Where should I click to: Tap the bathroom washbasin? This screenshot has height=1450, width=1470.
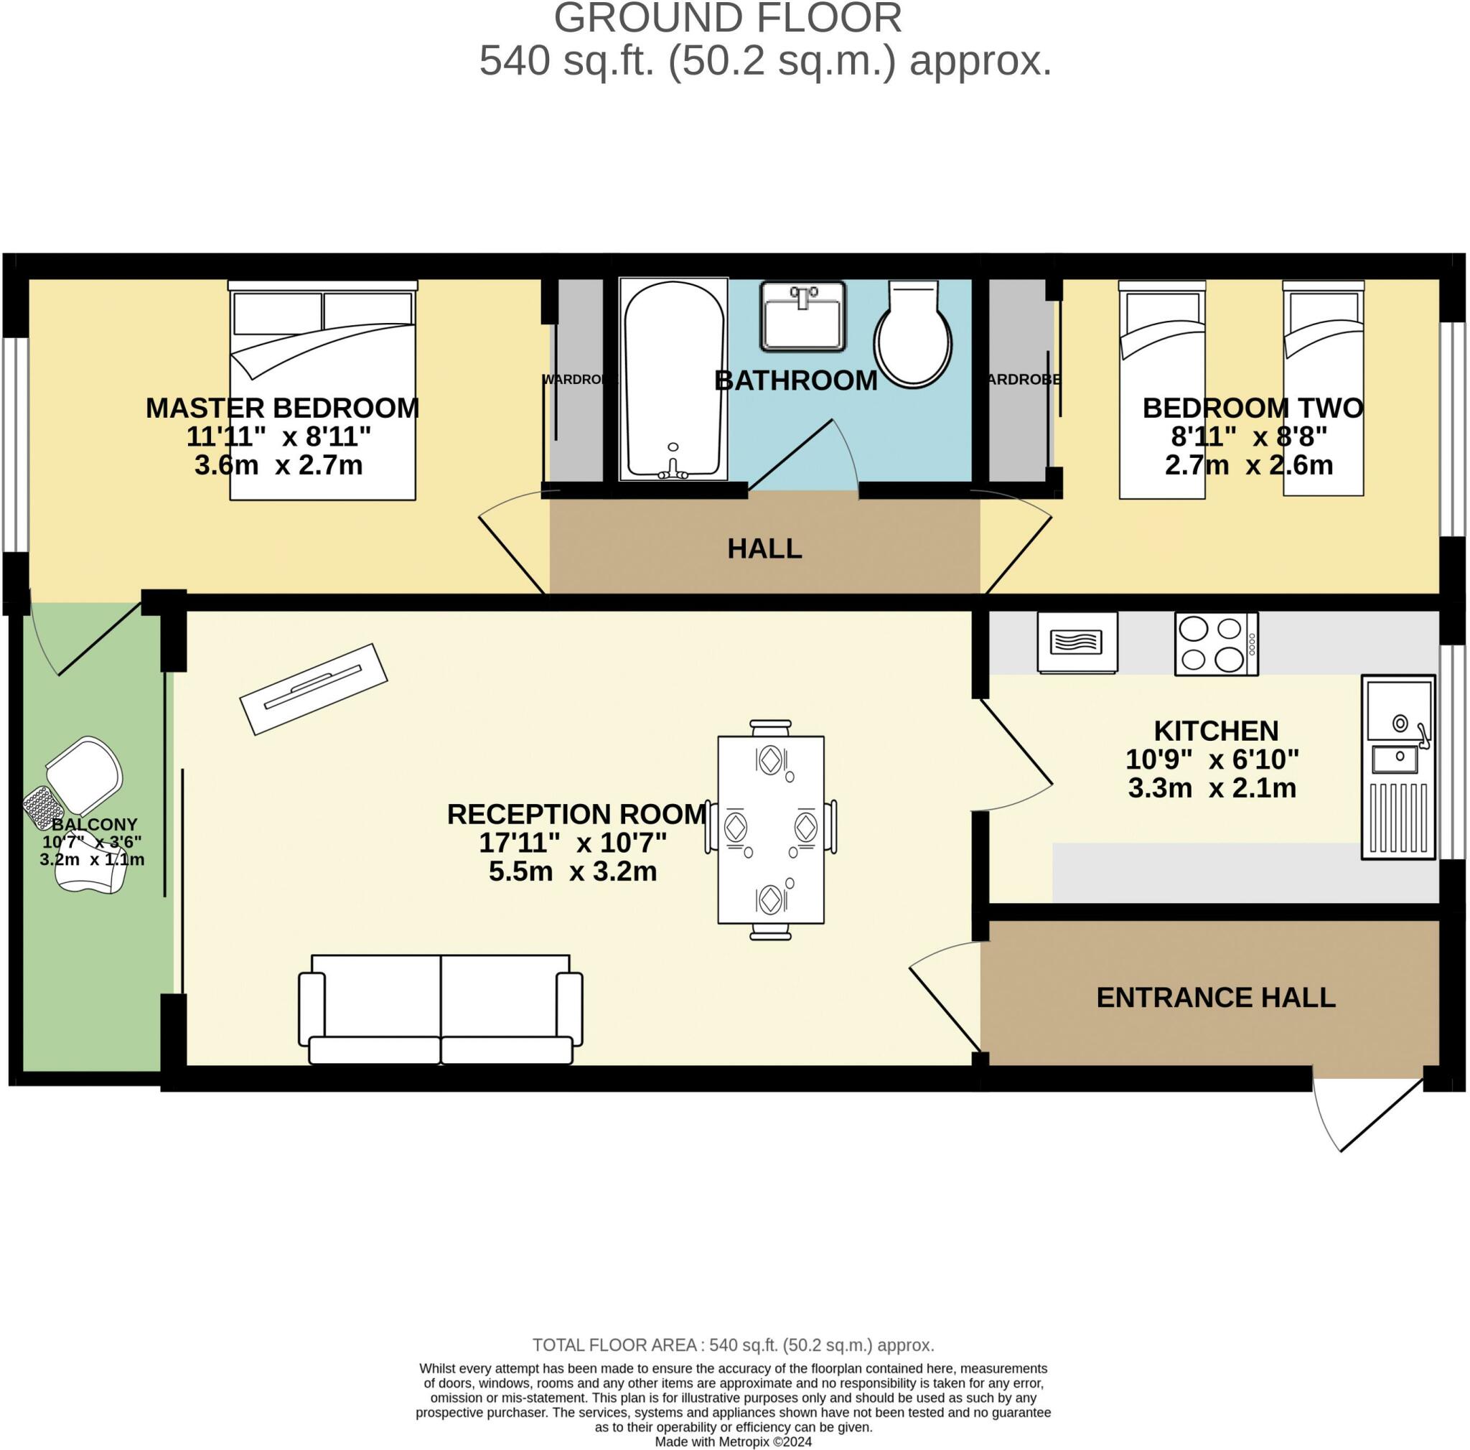pos(803,316)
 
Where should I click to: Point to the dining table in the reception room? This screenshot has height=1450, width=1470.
pos(771,830)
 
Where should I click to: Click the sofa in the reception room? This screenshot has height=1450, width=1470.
pos(440,1008)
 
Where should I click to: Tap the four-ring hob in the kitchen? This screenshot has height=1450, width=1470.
pos(1216,644)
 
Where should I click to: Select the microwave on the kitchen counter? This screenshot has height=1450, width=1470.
pos(1077,643)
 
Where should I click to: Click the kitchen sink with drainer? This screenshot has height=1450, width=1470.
pos(1398,767)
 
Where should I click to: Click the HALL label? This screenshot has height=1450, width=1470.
pos(764,548)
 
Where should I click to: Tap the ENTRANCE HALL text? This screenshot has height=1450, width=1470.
pos(1215,997)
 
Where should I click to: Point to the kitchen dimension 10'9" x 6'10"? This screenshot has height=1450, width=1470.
pos(1212,759)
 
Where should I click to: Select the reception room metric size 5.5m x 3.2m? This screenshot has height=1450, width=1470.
pos(572,871)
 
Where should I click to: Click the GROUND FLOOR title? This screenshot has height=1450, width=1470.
pos(727,18)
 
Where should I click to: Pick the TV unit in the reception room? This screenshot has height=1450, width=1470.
pos(314,688)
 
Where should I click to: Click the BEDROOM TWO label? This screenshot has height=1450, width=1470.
pos(1253,408)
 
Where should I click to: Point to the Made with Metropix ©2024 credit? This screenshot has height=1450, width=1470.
pos(734,1441)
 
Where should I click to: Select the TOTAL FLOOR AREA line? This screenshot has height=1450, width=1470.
pos(734,1345)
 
